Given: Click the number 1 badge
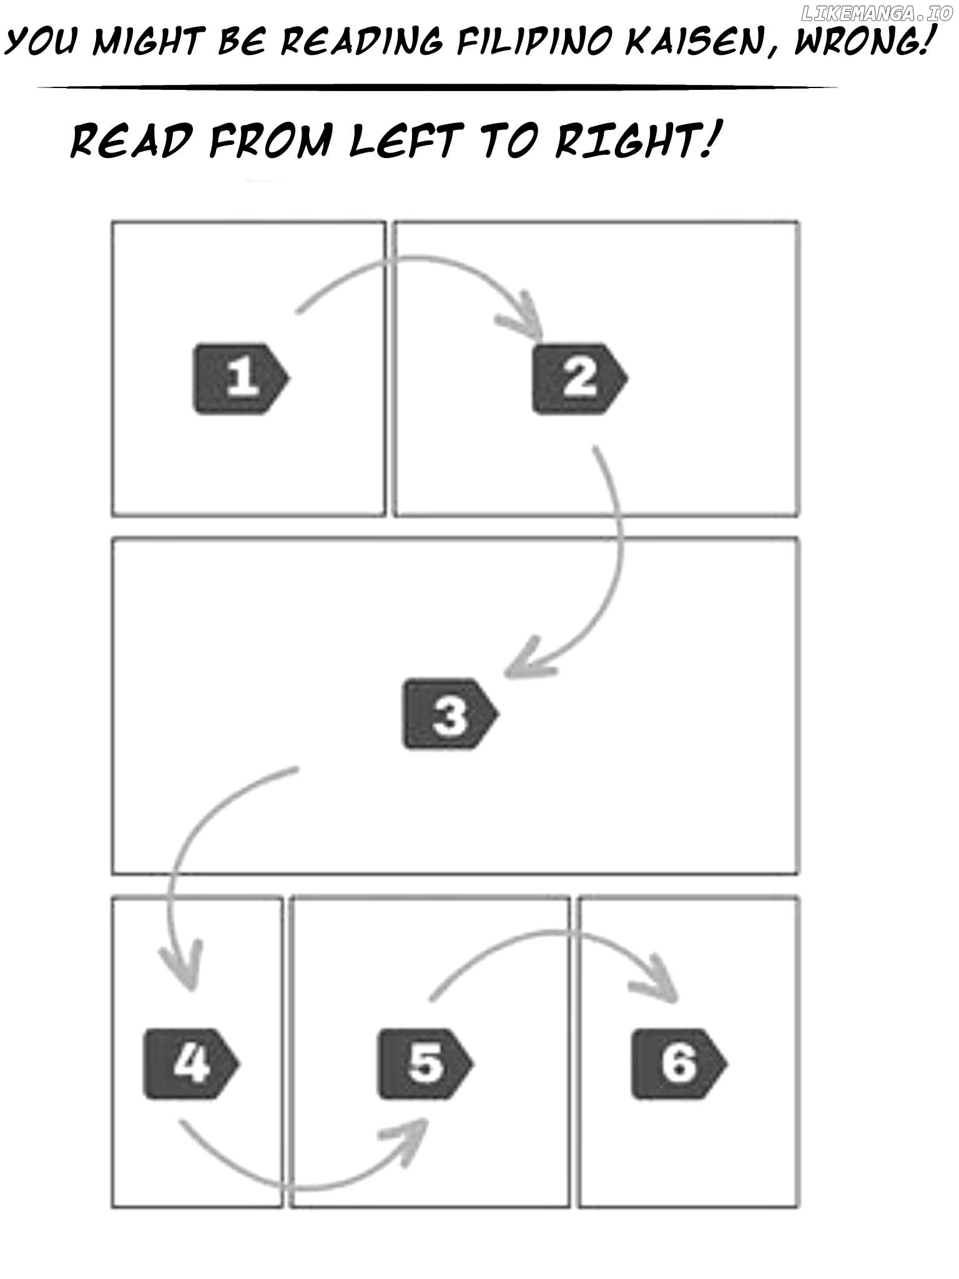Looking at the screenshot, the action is coord(241,378).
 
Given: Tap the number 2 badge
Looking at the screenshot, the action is coord(579,378).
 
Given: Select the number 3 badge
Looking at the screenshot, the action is coord(450,714).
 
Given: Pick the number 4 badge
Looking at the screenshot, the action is coord(192,1064).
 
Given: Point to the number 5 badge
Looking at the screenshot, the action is coord(426,1064).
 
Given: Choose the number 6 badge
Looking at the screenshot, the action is coord(679,1064).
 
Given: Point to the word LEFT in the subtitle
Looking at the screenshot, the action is coord(406,140).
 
